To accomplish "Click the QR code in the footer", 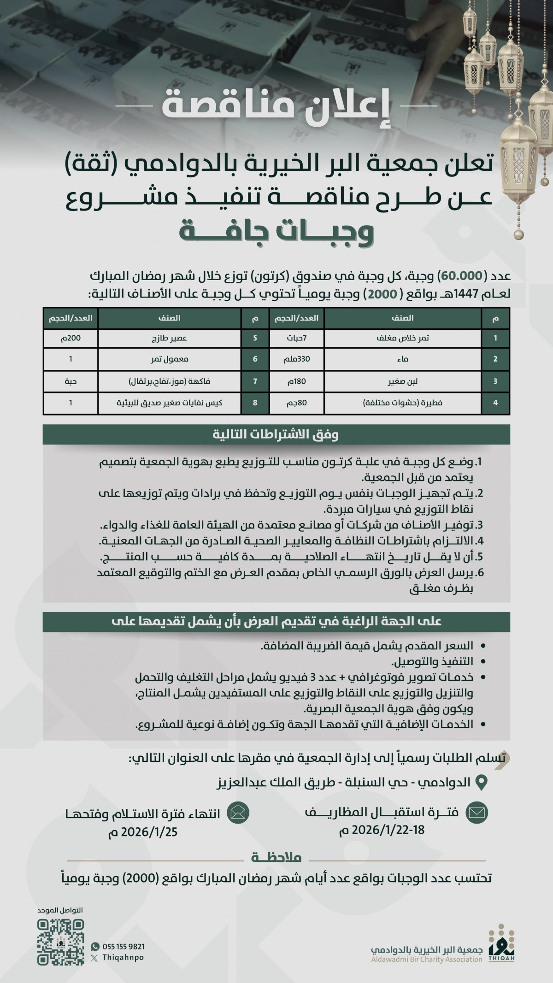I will pyautogui.click(x=61, y=942).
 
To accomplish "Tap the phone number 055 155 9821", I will pyautogui.click(x=123, y=946).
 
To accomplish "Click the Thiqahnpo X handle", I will pyautogui.click(x=123, y=957).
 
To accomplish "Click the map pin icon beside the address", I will pyautogui.click(x=481, y=782).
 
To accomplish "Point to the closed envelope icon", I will pyautogui.click(x=477, y=812).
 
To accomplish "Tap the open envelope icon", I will pyautogui.click(x=238, y=813).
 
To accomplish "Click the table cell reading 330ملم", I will pyautogui.click(x=296, y=359).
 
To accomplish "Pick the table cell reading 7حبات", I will pyautogui.click(x=296, y=338).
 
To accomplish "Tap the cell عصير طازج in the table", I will pyautogui.click(x=170, y=338).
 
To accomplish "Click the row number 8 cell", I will pyautogui.click(x=255, y=403).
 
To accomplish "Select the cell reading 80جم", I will pyautogui.click(x=296, y=403).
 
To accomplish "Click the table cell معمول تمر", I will pyautogui.click(x=170, y=359).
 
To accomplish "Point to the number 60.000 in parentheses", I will pyautogui.click(x=461, y=276).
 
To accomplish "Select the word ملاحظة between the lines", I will pyautogui.click(x=276, y=857).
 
